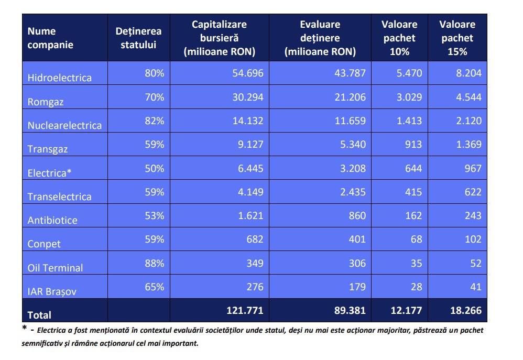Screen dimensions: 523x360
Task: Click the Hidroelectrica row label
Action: pos(59,78)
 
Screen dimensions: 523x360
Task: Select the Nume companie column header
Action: pos(50,38)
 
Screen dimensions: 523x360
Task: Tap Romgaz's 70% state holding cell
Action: pos(155,97)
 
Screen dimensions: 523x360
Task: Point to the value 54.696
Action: pos(248,73)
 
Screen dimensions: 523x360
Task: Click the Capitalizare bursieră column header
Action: pos(220,38)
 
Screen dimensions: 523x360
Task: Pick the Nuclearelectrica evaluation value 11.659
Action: pos(350,121)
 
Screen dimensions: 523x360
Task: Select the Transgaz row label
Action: pos(47,149)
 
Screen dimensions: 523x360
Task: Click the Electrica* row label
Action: pos(49,173)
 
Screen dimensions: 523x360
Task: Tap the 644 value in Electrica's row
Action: pos(413,169)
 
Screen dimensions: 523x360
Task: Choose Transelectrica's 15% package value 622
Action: pos(473,192)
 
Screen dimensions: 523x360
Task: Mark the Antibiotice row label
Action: pos(52,220)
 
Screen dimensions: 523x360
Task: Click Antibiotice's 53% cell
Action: pos(155,216)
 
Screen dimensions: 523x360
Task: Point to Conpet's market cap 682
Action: pos(255,239)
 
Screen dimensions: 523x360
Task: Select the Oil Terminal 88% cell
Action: pos(155,263)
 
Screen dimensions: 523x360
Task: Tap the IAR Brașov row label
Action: pos(52,291)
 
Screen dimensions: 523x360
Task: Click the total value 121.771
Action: pos(245,311)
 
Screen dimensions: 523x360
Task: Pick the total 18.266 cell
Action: pos(466,311)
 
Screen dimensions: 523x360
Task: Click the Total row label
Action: pos(39,315)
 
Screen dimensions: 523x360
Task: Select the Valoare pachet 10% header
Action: pos(400,38)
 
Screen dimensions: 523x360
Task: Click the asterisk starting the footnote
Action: pos(24,328)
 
